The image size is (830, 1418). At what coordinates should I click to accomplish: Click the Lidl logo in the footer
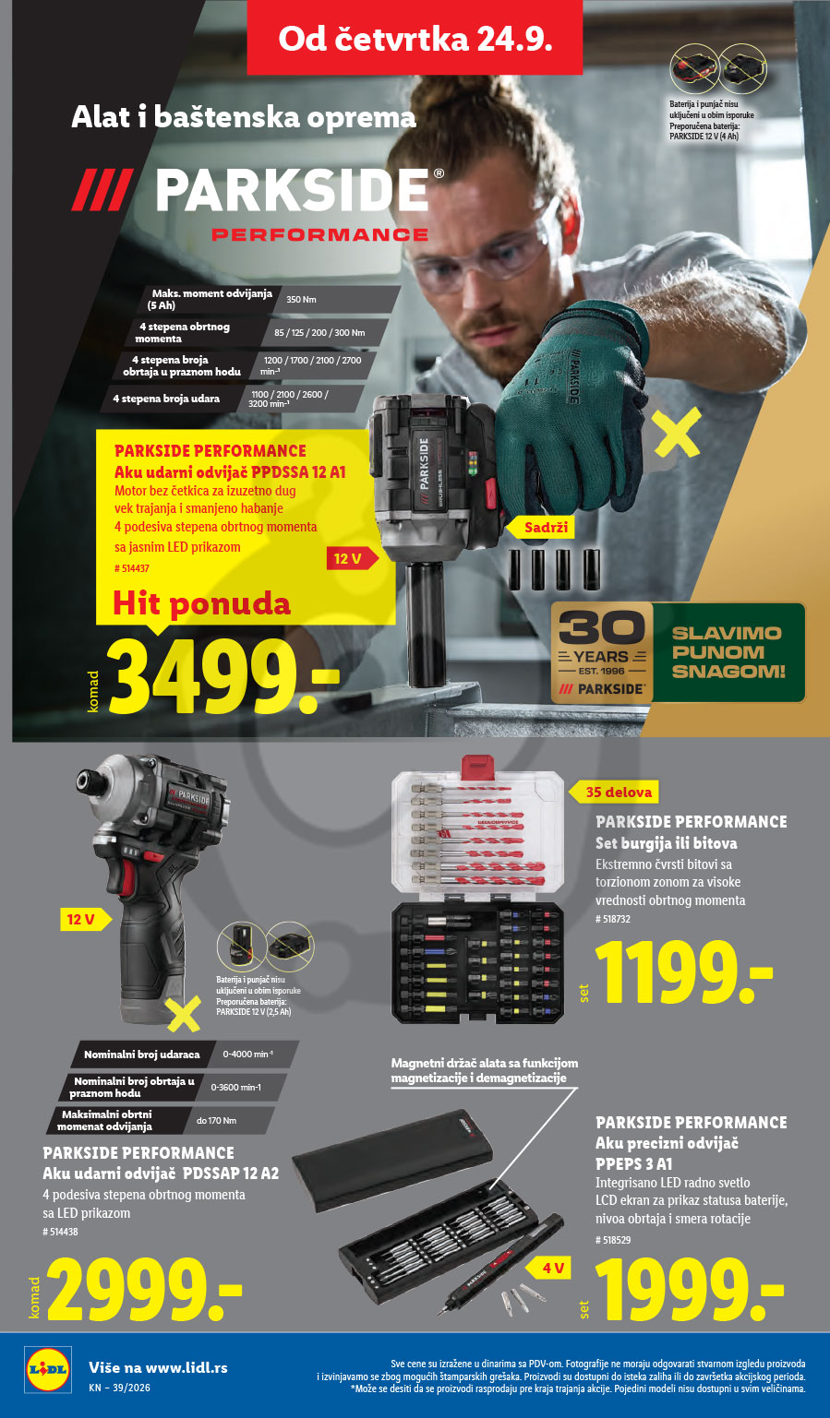(47, 1369)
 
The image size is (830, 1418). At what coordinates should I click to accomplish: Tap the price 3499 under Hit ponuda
(223, 675)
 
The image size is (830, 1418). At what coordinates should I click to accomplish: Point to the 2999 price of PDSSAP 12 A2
(144, 1289)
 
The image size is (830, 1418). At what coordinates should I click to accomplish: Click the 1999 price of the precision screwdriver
(690, 1289)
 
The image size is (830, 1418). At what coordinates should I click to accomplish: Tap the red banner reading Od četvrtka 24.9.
(415, 38)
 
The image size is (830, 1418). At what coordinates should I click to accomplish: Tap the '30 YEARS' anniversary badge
(601, 652)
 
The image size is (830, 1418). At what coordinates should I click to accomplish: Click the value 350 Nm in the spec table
(301, 300)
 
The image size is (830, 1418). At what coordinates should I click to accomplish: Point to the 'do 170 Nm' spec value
(216, 1121)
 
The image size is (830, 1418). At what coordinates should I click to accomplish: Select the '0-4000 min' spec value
(247, 1055)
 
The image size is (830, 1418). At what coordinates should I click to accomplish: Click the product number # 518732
(613, 919)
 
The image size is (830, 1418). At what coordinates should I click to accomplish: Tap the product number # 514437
(132, 568)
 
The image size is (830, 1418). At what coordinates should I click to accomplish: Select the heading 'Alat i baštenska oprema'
(244, 118)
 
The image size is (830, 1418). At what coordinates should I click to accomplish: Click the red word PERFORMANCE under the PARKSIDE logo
(320, 235)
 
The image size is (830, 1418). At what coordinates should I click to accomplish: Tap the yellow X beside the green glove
(678, 433)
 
